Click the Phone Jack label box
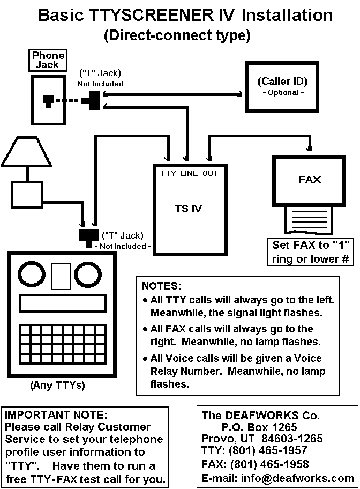click(48, 60)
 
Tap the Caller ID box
click(282, 86)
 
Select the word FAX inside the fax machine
click(310, 180)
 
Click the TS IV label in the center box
click(189, 209)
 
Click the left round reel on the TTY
click(34, 275)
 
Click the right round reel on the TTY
click(88, 275)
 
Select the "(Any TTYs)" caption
click(58, 385)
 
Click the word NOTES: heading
click(162, 286)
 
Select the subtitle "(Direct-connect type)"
click(176, 36)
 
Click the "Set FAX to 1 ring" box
click(311, 253)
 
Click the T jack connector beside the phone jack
click(92, 100)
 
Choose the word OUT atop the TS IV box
click(210, 173)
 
